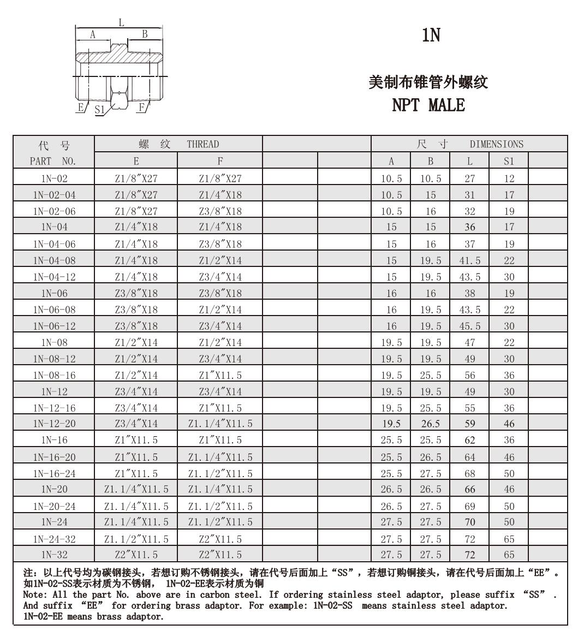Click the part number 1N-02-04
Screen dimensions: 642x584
pos(54,195)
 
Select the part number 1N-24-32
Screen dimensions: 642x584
pos(54,539)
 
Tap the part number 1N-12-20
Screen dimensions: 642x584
pos(54,424)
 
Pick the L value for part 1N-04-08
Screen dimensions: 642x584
pos(469,260)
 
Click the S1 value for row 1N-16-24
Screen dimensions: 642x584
pos(509,473)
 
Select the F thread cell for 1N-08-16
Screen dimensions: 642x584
pos(220,375)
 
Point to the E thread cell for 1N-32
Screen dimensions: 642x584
pos(136,555)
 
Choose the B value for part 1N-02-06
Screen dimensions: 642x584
pos(431,211)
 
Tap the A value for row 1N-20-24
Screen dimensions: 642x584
pos(391,506)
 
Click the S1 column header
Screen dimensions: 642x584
pos(509,161)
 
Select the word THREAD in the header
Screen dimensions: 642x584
pos(202,144)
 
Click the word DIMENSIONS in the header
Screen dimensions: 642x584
pos(496,144)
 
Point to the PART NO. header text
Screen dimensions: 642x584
pos(54,161)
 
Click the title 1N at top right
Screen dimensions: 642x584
pos(431,35)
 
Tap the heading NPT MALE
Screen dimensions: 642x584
pos(428,105)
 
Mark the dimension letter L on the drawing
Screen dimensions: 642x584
pos(121,22)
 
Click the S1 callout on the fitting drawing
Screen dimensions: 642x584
pos(99,109)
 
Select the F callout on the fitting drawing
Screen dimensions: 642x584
pos(142,107)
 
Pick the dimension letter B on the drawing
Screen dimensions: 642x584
pos(145,34)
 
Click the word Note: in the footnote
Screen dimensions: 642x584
pos(35,595)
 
